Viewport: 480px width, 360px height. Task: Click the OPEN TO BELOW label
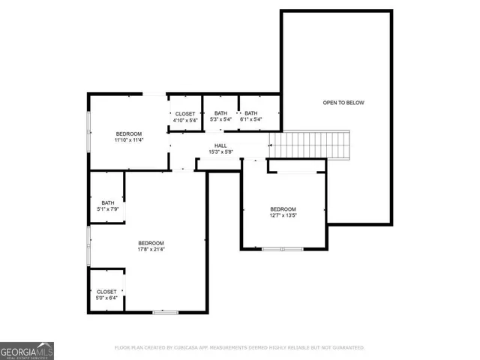[x=343, y=103]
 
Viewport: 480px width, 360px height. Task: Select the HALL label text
[x=220, y=145]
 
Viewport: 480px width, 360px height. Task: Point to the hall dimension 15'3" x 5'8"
[x=220, y=152]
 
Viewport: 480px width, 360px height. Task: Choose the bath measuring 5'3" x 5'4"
[x=221, y=116]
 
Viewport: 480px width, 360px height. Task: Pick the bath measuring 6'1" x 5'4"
[x=250, y=116]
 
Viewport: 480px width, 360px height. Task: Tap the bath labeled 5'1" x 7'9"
[x=108, y=205]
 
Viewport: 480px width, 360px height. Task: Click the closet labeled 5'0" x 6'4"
[x=106, y=295]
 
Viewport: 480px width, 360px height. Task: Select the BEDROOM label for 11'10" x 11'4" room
[x=128, y=133]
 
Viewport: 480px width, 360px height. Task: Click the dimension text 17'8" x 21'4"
[x=151, y=250]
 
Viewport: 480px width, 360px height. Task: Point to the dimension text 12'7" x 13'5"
[x=283, y=216]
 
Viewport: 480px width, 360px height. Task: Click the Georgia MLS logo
[x=27, y=350]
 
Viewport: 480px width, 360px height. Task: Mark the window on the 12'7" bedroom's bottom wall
[x=283, y=248]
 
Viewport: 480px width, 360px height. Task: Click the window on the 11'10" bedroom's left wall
[x=89, y=132]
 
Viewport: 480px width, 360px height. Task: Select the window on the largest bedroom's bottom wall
[x=163, y=312]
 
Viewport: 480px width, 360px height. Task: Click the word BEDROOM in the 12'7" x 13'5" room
[x=283, y=209]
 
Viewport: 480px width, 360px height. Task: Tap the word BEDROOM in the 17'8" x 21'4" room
[x=151, y=243]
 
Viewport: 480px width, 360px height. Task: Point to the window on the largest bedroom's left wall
[x=89, y=246]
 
